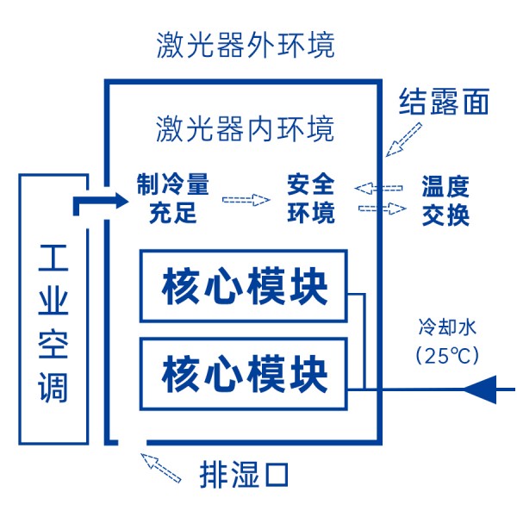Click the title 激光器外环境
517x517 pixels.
[x=246, y=45]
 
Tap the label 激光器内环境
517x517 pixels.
[x=246, y=129]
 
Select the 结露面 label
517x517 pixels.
[x=445, y=102]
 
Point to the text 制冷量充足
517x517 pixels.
[x=172, y=198]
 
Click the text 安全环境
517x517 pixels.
[x=310, y=198]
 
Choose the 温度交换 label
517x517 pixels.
[x=445, y=200]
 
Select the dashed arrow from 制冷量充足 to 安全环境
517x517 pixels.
[x=246, y=200]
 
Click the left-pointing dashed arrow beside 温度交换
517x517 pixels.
[x=379, y=187]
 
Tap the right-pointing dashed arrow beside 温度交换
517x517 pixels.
[x=382, y=209]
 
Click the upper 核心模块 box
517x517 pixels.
[x=244, y=285]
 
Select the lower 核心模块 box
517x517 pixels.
[x=244, y=374]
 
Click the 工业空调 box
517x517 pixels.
[x=53, y=308]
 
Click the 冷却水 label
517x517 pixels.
[x=446, y=327]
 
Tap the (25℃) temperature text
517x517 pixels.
[x=446, y=353]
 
